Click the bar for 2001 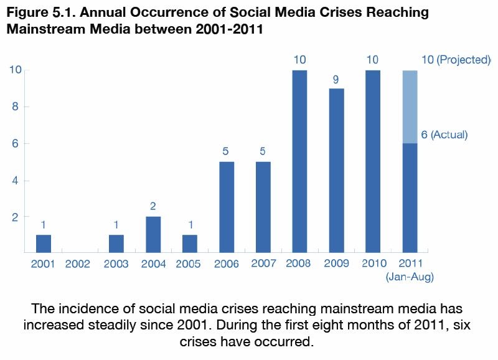point(44,244)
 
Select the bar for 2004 point(153,234)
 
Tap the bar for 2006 point(227,207)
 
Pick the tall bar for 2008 point(299,161)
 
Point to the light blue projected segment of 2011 point(410,107)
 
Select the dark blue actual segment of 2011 point(410,197)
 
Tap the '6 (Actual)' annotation point(444,135)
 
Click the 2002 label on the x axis point(77,264)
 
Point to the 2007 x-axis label point(263,263)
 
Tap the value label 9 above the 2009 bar point(336,79)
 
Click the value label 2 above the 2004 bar point(153,205)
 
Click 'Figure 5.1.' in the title point(36,13)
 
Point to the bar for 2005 point(190,244)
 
